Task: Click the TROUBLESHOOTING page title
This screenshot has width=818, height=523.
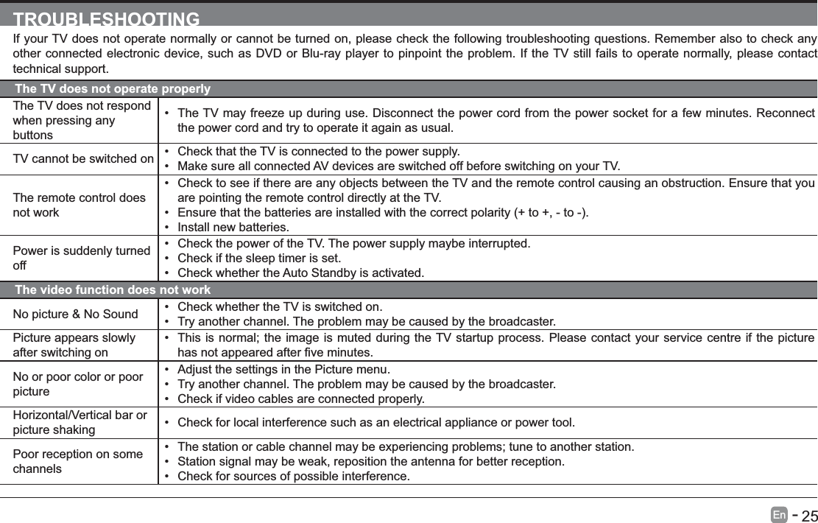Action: pos(107,19)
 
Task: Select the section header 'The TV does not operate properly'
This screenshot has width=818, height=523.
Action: pos(113,89)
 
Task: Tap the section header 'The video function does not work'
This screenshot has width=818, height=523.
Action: pos(113,290)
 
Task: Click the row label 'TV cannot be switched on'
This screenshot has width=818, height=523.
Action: pos(84,159)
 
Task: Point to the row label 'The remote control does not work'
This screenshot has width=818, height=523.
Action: pos(80,206)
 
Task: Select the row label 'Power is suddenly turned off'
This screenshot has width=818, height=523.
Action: pos(82,258)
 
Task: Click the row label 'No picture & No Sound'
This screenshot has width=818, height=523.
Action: pos(76,315)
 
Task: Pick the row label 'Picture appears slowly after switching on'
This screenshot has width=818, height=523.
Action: pos(74,345)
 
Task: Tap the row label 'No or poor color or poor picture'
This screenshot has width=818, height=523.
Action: pos(78,385)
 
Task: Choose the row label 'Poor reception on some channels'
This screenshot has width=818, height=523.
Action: pos(78,461)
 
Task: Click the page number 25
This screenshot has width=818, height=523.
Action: pos(808,515)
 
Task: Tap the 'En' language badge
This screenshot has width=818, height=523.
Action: pos(779,514)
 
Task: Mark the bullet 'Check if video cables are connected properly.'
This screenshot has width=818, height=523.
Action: pos(300,399)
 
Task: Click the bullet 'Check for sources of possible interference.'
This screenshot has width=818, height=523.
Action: pos(294,477)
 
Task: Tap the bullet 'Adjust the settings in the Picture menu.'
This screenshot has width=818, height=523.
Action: pos(284,369)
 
